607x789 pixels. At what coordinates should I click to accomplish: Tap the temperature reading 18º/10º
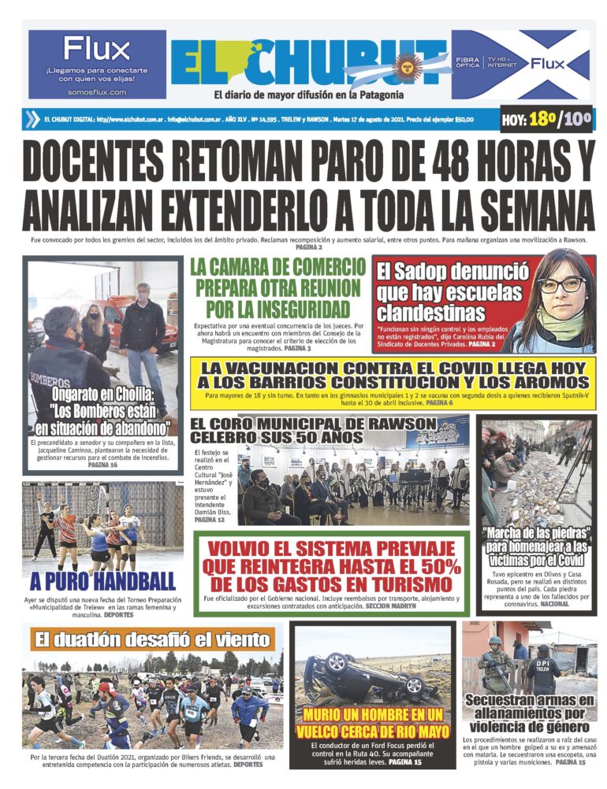coord(547,120)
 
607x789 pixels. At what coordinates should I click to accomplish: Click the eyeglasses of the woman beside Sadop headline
coord(560,284)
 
